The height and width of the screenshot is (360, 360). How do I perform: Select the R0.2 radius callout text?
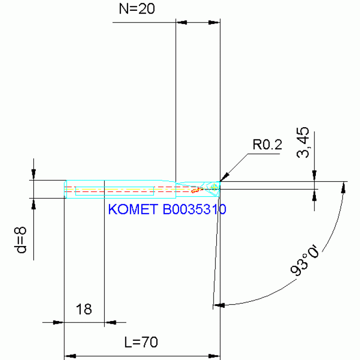267,145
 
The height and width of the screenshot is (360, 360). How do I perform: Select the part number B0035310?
194,209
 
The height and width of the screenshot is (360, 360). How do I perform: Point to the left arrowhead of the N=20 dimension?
181,22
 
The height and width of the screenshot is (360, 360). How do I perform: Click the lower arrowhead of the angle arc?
219,305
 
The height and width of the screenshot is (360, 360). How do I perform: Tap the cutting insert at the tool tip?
214,187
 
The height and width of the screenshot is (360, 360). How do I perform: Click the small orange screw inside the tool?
196,190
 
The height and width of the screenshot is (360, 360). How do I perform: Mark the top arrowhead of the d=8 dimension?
33,175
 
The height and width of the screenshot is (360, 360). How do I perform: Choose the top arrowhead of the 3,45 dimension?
314,176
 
